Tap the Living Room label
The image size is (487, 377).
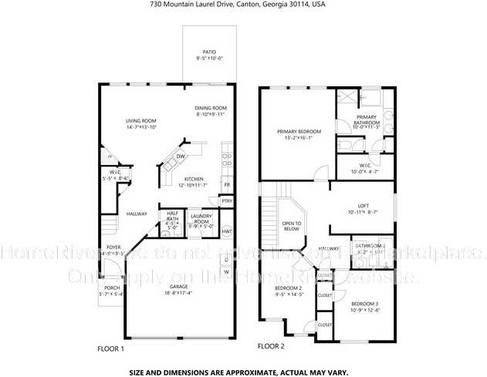[x=141, y=121]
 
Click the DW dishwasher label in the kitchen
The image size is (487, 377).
[x=180, y=156]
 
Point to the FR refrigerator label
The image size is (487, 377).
[x=227, y=185]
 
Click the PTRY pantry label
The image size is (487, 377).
[x=226, y=200]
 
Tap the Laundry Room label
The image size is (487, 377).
[x=201, y=217]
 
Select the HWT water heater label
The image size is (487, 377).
[x=227, y=231]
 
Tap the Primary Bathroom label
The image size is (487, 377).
[x=365, y=120]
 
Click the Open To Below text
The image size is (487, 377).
[x=292, y=225]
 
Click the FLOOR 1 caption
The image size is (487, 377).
[x=110, y=348]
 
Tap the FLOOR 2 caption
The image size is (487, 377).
[x=271, y=346]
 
